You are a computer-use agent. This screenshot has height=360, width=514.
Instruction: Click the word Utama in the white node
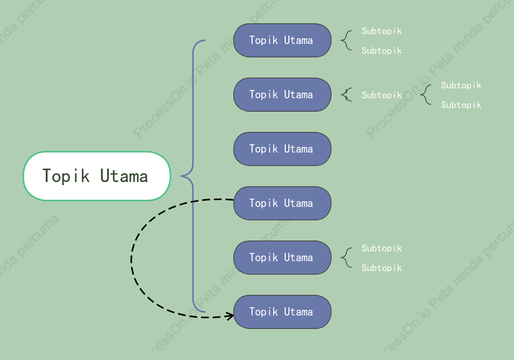pyautogui.click(x=124, y=176)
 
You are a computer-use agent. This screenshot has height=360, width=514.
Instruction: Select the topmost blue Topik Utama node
pyautogui.click(x=282, y=40)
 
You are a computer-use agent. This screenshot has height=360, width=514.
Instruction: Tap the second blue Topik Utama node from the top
pyautogui.click(x=282, y=95)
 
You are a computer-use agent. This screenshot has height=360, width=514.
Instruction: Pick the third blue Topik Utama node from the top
pyautogui.click(x=282, y=149)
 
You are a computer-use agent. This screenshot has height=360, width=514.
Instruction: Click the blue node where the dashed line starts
pyautogui.click(x=282, y=203)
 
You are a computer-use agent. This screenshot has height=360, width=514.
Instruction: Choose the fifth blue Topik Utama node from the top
pyautogui.click(x=282, y=258)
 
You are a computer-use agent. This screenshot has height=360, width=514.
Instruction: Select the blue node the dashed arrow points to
pyautogui.click(x=282, y=312)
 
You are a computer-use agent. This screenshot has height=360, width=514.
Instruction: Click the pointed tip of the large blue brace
pyautogui.click(x=181, y=176)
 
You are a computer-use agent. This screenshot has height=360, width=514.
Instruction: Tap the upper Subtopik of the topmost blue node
pyautogui.click(x=381, y=31)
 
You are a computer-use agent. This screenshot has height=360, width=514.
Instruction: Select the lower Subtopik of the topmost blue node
pyautogui.click(x=381, y=51)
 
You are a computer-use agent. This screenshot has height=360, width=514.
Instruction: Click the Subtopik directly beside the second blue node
pyautogui.click(x=381, y=95)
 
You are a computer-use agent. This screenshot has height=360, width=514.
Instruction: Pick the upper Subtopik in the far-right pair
pyautogui.click(x=461, y=85)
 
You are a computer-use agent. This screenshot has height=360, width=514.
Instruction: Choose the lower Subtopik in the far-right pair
pyautogui.click(x=461, y=105)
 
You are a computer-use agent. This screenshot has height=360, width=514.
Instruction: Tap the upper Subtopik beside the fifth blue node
pyautogui.click(x=381, y=248)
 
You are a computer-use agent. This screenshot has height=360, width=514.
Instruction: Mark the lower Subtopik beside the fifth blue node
pyautogui.click(x=381, y=268)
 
